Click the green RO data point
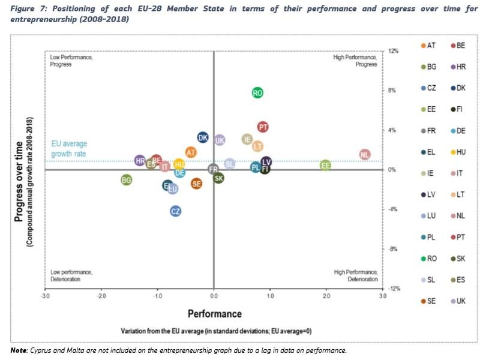point(257,93)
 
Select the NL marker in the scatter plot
point(365,155)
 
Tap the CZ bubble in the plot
point(175,211)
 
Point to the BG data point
point(126,179)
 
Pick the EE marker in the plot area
point(325,165)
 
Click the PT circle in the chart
point(262,127)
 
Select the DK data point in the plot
point(203,137)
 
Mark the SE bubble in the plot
point(196,184)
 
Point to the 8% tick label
point(393,91)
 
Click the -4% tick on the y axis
point(394,209)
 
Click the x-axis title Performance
point(214,314)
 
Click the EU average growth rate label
point(68,149)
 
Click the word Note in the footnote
point(20,350)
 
